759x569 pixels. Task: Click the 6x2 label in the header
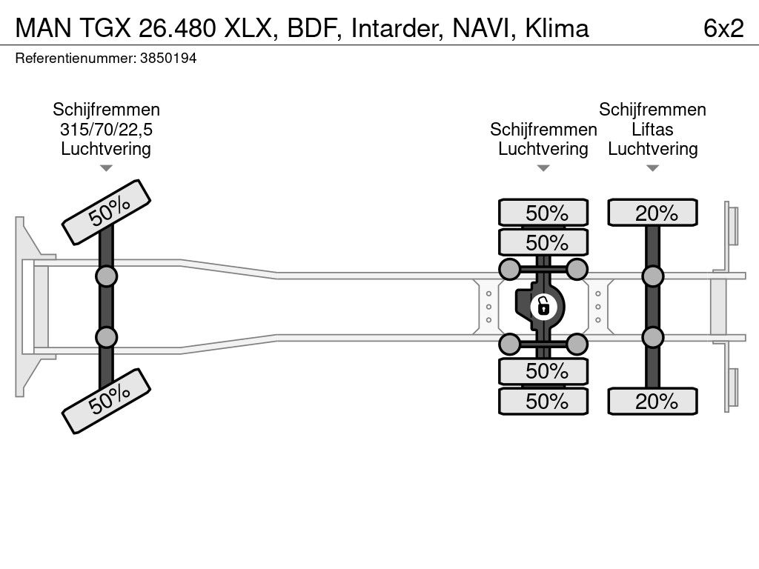pos(723,28)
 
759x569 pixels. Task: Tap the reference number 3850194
pos(168,59)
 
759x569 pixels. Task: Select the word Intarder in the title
pos(396,28)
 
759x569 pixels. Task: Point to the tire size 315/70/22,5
pos(106,129)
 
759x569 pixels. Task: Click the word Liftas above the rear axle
pos(652,129)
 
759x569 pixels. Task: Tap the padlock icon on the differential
pos(543,306)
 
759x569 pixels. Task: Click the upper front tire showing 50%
pos(107,213)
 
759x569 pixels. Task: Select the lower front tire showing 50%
pos(107,401)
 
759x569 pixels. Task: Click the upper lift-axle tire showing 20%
pos(652,213)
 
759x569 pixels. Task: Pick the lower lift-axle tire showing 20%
pos(652,401)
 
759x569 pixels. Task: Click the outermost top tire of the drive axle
pos(543,213)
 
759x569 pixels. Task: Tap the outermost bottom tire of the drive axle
pos(543,401)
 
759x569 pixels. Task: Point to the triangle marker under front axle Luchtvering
pos(106,168)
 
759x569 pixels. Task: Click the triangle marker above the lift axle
pos(652,168)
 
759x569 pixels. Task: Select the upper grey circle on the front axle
pos(107,276)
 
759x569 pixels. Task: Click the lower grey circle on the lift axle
pos(652,337)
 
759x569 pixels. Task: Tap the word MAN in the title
pos(43,28)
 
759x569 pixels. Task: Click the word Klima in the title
pos(557,28)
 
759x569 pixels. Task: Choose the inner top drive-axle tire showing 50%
pos(543,242)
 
